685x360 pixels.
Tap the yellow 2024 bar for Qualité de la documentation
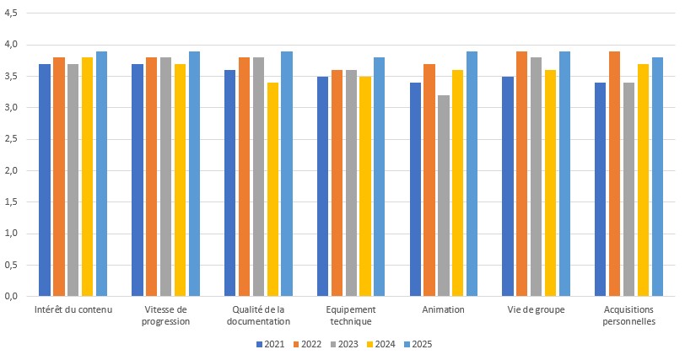(x=272, y=190)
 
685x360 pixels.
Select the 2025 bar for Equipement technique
(x=380, y=177)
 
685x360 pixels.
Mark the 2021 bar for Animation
(x=415, y=190)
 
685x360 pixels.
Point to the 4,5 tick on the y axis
(x=15, y=13)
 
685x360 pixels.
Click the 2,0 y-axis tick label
(x=15, y=171)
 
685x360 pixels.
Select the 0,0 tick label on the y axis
(x=15, y=297)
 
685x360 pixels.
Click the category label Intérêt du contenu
(x=73, y=310)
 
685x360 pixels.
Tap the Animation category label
(x=443, y=310)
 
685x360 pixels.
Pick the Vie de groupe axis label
(x=537, y=310)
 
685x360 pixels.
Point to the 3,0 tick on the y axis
(x=15, y=108)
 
